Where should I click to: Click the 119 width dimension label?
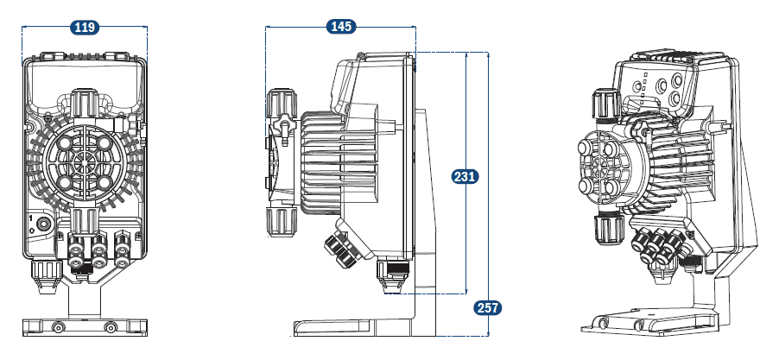click(84, 28)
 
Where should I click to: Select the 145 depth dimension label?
click(341, 27)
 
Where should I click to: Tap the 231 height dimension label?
click(465, 177)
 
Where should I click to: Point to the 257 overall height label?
click(487, 307)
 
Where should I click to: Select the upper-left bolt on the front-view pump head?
click(66, 142)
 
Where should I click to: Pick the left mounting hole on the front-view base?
click(58, 327)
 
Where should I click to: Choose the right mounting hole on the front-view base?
click(110, 327)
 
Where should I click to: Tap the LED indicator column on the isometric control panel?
click(643, 87)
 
